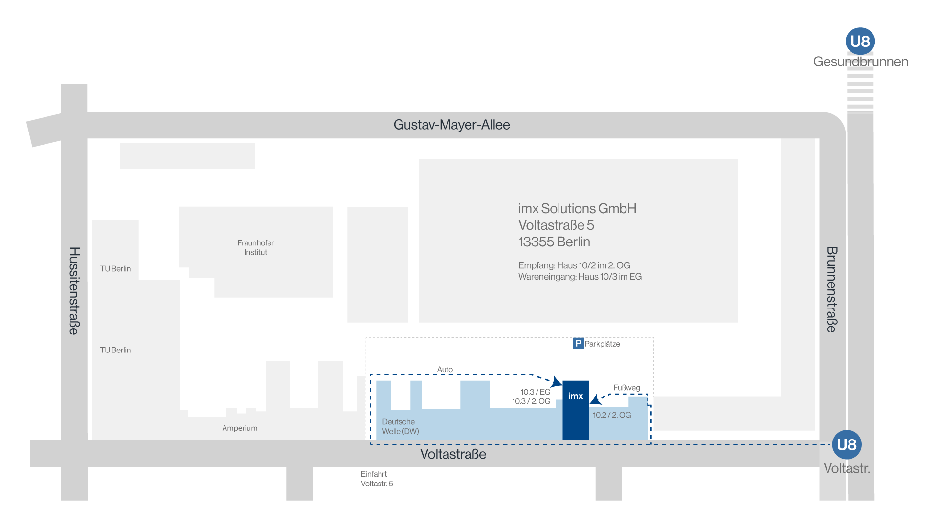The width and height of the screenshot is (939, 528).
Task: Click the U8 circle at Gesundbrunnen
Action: coord(860,42)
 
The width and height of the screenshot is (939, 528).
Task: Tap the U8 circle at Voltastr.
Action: coord(847,444)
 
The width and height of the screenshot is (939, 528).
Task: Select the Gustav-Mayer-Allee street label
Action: coord(451,125)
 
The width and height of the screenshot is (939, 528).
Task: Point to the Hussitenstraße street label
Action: coord(74,290)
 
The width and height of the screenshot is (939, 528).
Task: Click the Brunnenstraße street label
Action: coord(832,289)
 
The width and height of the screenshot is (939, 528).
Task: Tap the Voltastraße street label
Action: coord(453,454)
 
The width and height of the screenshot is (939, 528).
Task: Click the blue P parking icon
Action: coord(578,343)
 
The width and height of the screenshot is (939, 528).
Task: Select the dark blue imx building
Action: coord(576,411)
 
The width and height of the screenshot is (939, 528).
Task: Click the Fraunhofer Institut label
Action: coord(255,248)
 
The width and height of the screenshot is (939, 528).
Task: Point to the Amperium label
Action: coord(240,428)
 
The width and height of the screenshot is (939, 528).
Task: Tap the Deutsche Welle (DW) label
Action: coord(401,427)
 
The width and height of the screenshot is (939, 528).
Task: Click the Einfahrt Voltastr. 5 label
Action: coord(377,479)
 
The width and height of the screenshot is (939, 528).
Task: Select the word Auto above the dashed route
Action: coord(445,370)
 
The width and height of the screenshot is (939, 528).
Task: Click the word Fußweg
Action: coord(626,388)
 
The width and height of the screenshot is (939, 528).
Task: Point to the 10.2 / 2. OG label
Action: coord(612,415)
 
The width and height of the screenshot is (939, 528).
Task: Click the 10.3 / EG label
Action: coord(536,392)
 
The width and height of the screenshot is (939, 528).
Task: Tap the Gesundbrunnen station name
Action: coord(860,62)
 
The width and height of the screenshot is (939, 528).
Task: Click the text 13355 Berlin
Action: coord(554,242)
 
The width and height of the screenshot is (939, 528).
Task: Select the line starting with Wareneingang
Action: coord(580,277)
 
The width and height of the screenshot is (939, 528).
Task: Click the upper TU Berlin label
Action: coord(115,269)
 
